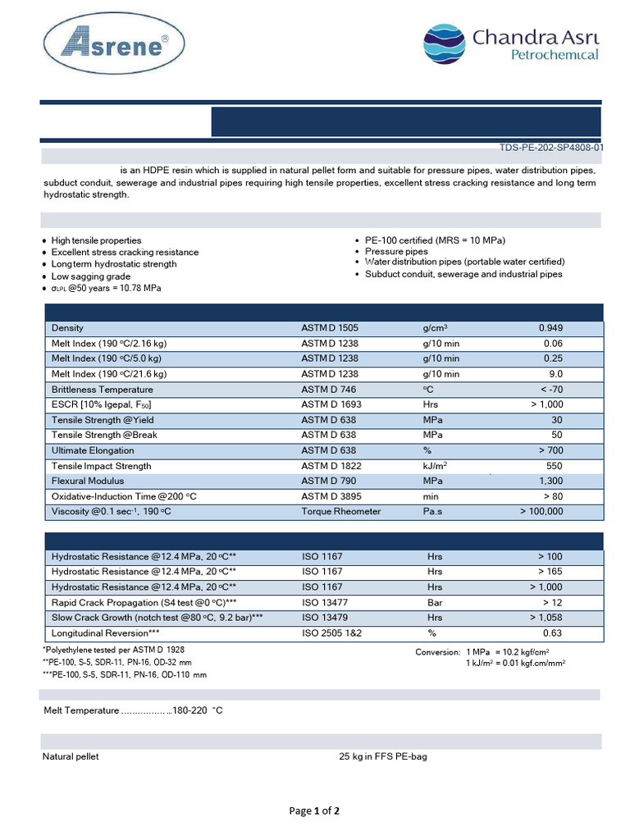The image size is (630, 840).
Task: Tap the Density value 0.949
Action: pos(550,328)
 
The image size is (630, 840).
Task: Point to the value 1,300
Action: pos(550,481)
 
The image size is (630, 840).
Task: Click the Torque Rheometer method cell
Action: pos(340,512)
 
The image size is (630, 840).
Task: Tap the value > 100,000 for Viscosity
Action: pos(541,512)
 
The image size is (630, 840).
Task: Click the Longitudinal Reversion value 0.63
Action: pos(553,633)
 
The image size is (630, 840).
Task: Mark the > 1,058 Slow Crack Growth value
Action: pos(546,618)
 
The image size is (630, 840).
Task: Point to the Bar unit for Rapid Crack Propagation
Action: pos(435,602)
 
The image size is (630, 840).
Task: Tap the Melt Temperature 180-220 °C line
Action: pos(132,710)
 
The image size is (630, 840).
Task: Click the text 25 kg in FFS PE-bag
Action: pos(383,756)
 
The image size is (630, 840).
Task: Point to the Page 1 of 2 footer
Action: pos(314,811)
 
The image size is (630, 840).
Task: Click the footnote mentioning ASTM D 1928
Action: pos(118,650)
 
